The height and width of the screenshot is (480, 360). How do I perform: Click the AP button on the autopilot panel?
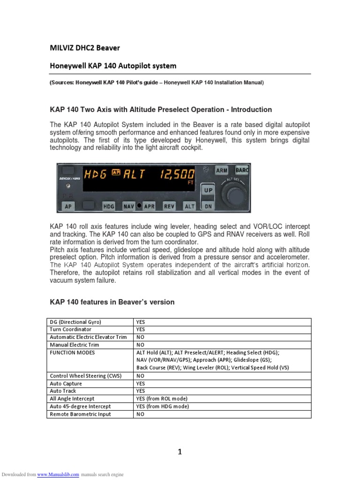coord(68,206)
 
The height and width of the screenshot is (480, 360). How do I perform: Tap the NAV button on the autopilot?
coord(129,206)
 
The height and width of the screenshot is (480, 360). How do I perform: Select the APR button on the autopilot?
coord(150,206)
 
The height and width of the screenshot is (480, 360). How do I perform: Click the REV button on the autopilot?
coord(169,206)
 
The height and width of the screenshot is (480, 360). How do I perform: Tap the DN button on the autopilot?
coord(208,205)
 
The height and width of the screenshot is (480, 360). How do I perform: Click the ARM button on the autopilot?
coord(222,171)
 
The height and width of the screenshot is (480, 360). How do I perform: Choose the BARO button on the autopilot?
coord(242,171)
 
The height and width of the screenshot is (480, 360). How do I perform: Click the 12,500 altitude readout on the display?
coord(177,174)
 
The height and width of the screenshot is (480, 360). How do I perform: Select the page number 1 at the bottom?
coord(180,452)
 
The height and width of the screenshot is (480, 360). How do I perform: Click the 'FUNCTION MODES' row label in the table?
coord(73,352)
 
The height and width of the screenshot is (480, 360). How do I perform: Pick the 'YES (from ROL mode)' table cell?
coord(162,398)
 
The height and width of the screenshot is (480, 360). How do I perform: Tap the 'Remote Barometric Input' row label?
coord(77,414)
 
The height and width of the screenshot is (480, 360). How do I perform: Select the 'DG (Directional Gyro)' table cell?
coord(75,322)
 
